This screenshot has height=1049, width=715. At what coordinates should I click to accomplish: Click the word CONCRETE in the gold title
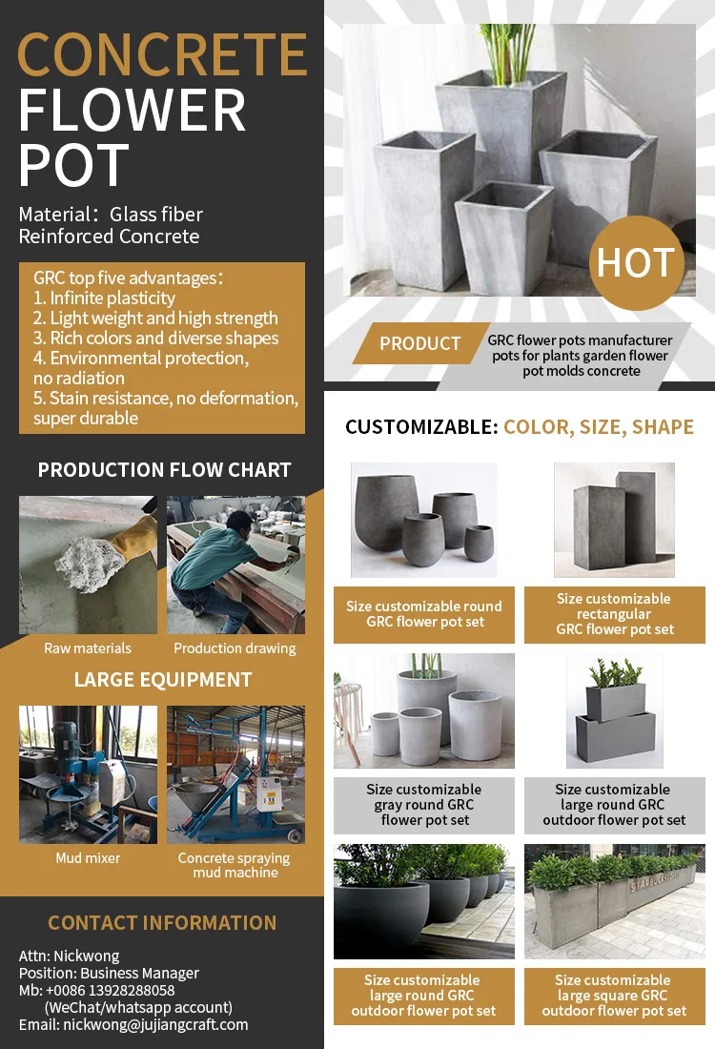(162, 54)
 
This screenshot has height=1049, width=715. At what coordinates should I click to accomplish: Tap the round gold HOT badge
(636, 262)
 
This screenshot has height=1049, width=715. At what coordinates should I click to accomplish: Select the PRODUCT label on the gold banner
(419, 343)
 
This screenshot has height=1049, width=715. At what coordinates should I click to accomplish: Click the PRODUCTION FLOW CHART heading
(164, 470)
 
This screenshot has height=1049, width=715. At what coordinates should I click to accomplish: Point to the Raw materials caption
(88, 648)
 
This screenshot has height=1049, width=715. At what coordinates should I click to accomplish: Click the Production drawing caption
(235, 648)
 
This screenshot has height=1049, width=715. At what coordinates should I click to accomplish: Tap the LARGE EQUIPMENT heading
(163, 680)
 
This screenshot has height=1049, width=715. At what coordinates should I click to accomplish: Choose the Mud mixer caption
(88, 858)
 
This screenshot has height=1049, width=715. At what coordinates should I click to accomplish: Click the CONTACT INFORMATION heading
(162, 923)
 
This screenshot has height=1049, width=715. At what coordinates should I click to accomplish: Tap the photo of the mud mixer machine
(88, 774)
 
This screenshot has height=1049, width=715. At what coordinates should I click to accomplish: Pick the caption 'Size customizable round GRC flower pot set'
(424, 614)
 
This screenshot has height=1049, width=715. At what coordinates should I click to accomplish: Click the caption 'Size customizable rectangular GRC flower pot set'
(615, 614)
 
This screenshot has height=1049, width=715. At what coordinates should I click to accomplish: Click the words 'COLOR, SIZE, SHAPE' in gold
(599, 427)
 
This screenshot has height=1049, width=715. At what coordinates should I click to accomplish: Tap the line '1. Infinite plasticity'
(104, 298)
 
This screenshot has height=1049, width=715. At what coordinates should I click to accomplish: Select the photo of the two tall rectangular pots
(615, 520)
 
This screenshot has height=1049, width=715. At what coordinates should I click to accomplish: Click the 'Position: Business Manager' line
(109, 973)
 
